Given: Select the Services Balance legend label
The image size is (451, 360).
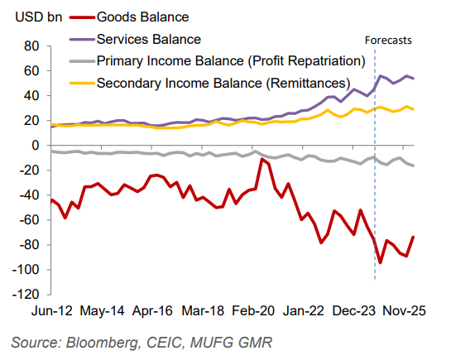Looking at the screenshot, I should coord(149,38).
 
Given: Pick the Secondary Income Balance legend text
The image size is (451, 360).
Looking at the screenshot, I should coord(223,83).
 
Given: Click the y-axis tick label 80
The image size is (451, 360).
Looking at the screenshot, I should coord(32,46).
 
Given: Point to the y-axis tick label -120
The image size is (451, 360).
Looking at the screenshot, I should coord(26,295).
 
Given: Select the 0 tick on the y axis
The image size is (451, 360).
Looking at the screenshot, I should coord(36,146).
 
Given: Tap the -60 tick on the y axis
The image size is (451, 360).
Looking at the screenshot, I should coord(30,220).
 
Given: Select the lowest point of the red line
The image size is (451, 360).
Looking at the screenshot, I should coord(380,263).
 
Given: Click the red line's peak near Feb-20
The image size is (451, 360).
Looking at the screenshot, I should coord(262,159).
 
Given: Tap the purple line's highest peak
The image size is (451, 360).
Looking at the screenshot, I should coord(380,75).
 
